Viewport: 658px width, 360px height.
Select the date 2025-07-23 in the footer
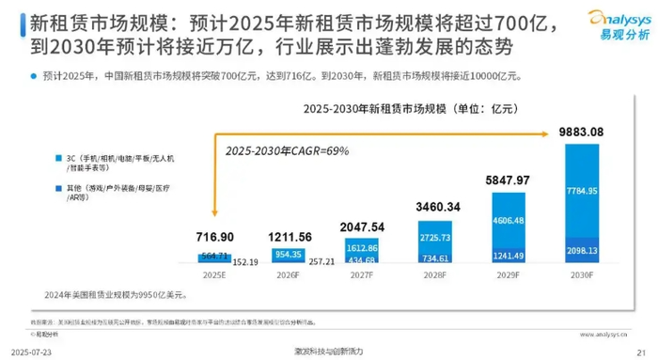[29, 351]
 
